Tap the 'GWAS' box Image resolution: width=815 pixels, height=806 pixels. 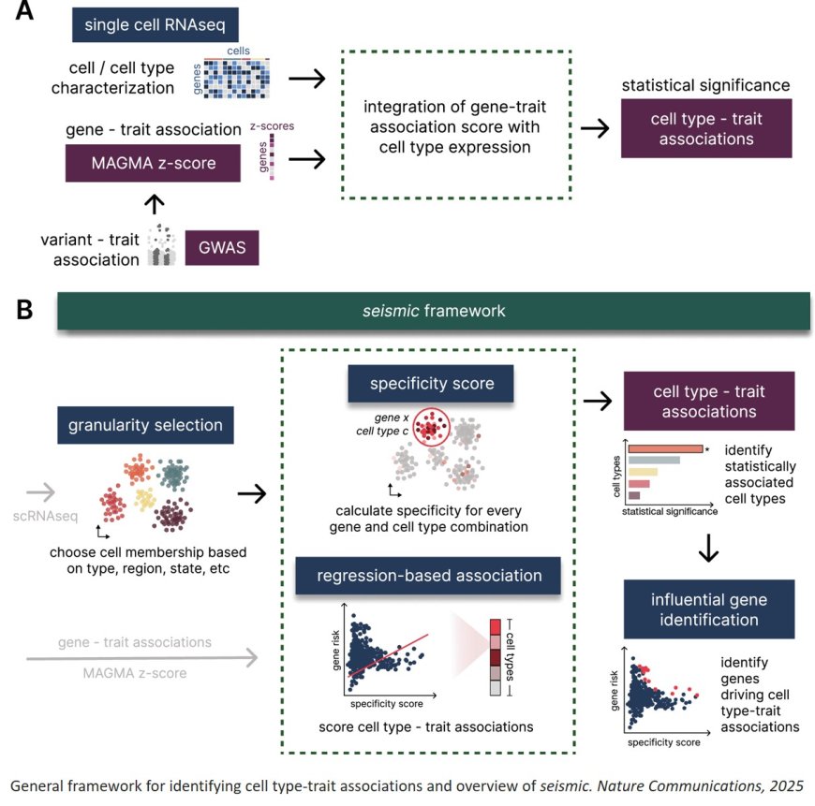pos(222,248)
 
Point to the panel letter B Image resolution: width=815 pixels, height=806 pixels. pos(26,310)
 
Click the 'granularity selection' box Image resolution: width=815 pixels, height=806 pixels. pos(144,425)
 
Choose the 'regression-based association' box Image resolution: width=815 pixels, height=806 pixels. pos(428,575)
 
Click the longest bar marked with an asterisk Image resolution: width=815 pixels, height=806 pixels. pos(663,449)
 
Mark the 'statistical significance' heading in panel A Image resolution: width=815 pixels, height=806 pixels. pos(706,86)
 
